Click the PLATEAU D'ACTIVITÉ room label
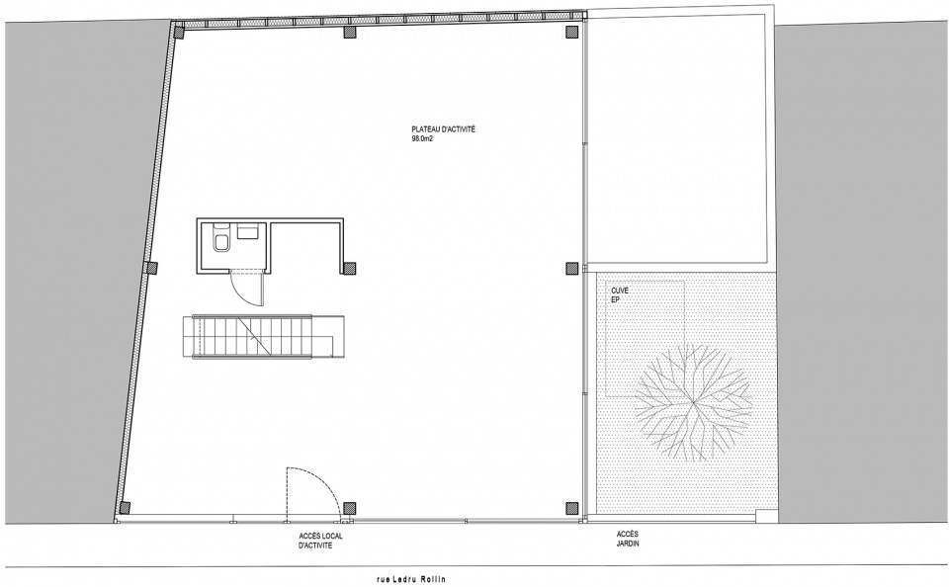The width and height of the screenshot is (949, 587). [443, 128]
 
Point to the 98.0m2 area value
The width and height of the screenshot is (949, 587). [423, 138]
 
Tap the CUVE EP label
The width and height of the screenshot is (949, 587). [620, 294]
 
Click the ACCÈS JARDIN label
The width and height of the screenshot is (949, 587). [629, 539]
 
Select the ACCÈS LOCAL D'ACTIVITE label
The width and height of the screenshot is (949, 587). [320, 541]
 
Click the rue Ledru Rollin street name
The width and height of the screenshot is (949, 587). [410, 579]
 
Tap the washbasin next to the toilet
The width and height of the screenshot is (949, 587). [249, 231]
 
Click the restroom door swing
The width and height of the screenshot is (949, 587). [247, 290]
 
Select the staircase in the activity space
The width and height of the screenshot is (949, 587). [263, 337]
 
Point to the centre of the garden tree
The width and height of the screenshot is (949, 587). [694, 402]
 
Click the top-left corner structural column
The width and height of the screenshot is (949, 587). [179, 32]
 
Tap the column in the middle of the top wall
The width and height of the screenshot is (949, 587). [349, 32]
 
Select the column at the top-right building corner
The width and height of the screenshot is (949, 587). [570, 32]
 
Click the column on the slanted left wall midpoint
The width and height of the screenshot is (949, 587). [151, 268]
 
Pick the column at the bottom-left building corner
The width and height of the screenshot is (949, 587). [125, 507]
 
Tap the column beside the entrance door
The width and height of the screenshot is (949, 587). [349, 507]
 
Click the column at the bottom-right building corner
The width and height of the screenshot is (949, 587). [570, 507]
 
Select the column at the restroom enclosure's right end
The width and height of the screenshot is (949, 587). [349, 268]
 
